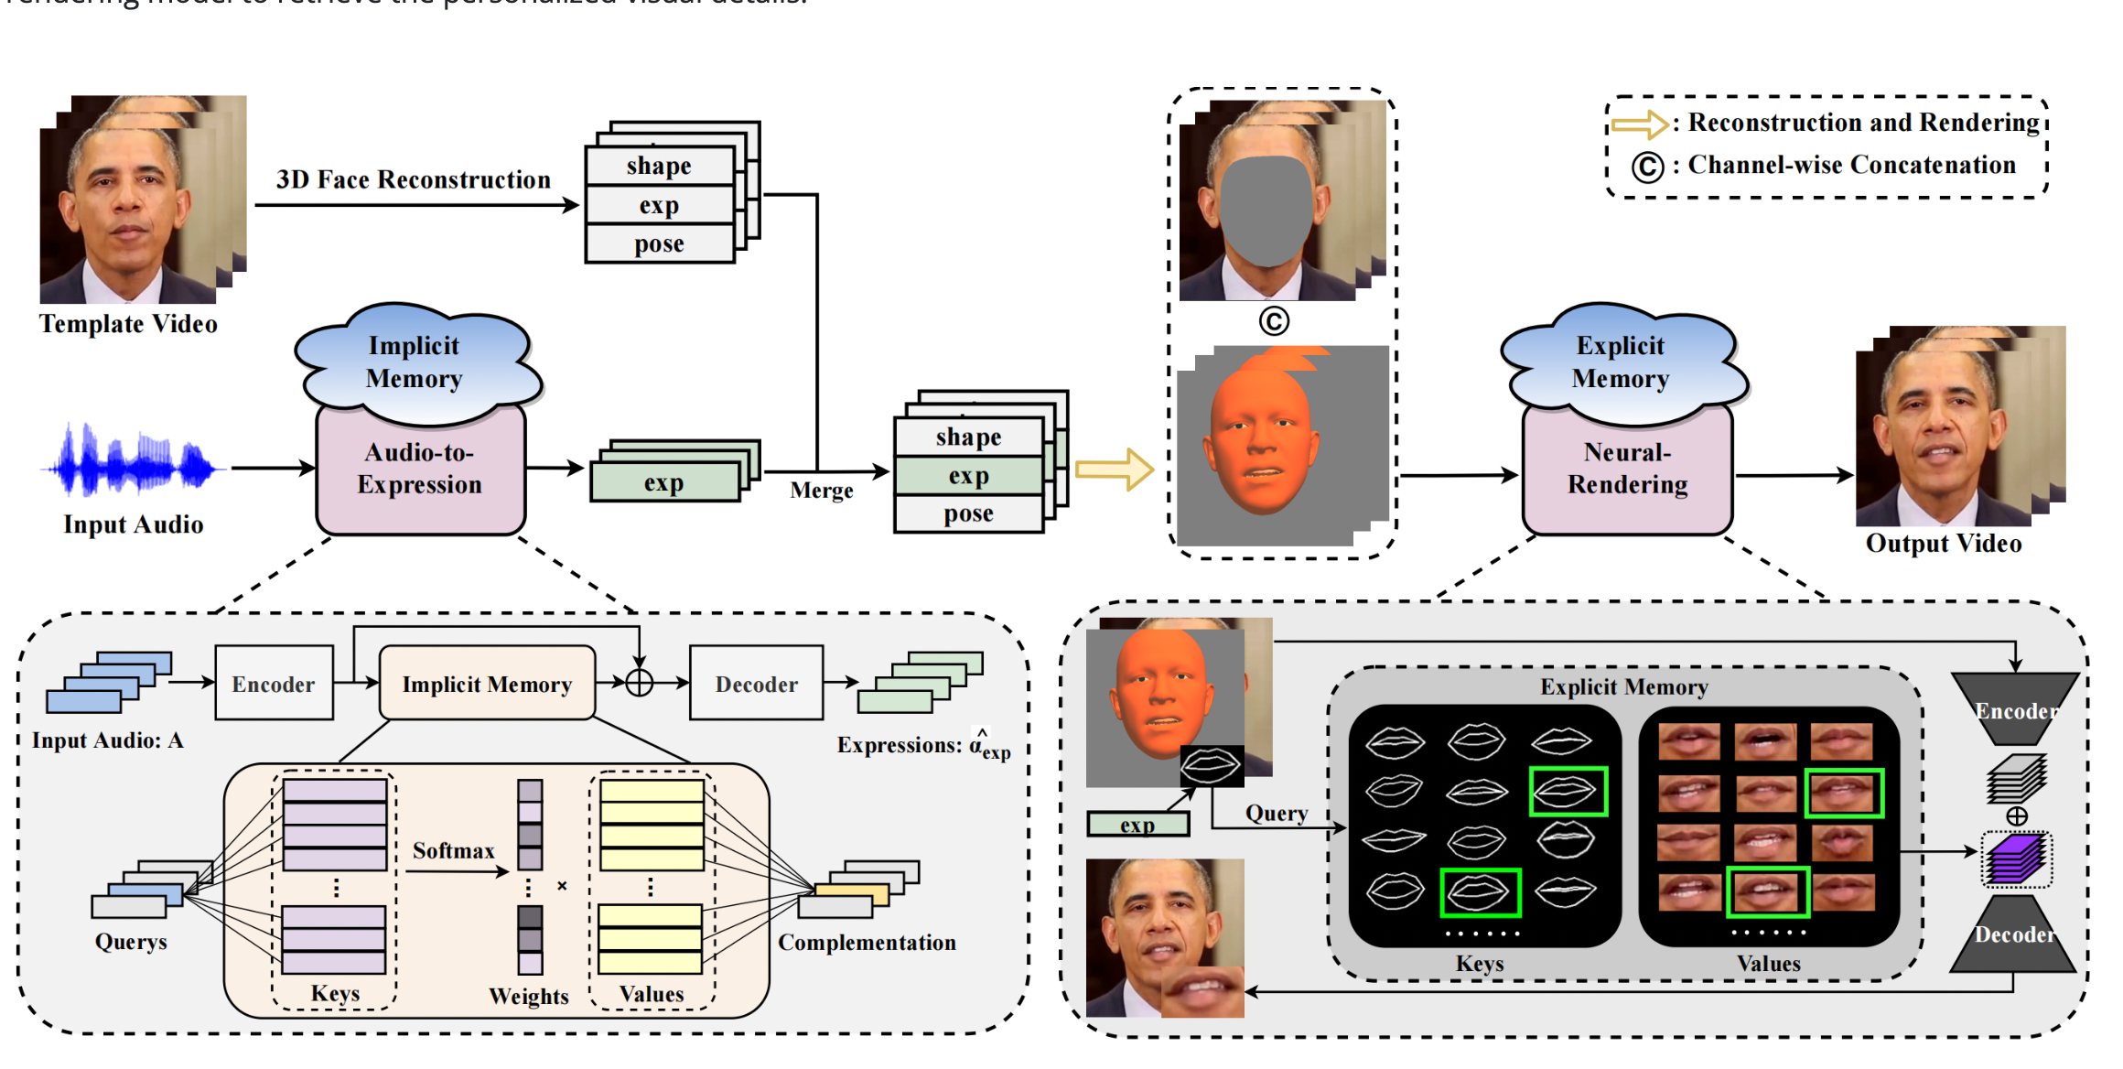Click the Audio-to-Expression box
coord(420,469)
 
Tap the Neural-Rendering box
coord(1627,469)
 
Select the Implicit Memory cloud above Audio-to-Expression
coord(415,362)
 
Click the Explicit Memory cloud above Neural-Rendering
coord(1621,362)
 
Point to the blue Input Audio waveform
coord(133,462)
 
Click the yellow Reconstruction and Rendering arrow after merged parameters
coord(1113,470)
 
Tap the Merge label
coord(821,491)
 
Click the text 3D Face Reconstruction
coord(414,179)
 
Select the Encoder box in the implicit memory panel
coord(274,684)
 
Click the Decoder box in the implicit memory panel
coord(756,684)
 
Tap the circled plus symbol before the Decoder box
coord(639,683)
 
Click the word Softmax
coord(453,850)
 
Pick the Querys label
coord(131,942)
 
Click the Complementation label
coord(867,943)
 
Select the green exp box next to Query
coord(1137,825)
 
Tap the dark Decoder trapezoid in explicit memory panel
coord(2013,935)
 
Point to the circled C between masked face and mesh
coord(1274,320)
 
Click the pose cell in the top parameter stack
coord(659,244)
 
